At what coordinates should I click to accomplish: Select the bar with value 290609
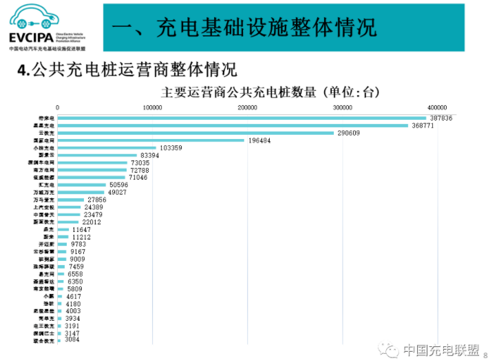click(x=195, y=133)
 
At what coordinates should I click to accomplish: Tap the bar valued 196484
click(x=151, y=140)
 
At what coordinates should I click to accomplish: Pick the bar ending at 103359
click(x=107, y=148)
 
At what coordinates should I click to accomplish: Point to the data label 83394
click(x=150, y=156)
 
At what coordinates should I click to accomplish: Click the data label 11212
click(x=81, y=237)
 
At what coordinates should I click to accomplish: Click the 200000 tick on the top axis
click(x=247, y=107)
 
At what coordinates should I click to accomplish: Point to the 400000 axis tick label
click(x=437, y=107)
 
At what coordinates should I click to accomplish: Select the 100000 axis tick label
click(x=152, y=107)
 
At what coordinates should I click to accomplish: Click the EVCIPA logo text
click(x=31, y=38)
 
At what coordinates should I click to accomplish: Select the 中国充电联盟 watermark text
click(x=440, y=350)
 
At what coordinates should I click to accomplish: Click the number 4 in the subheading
click(x=23, y=71)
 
